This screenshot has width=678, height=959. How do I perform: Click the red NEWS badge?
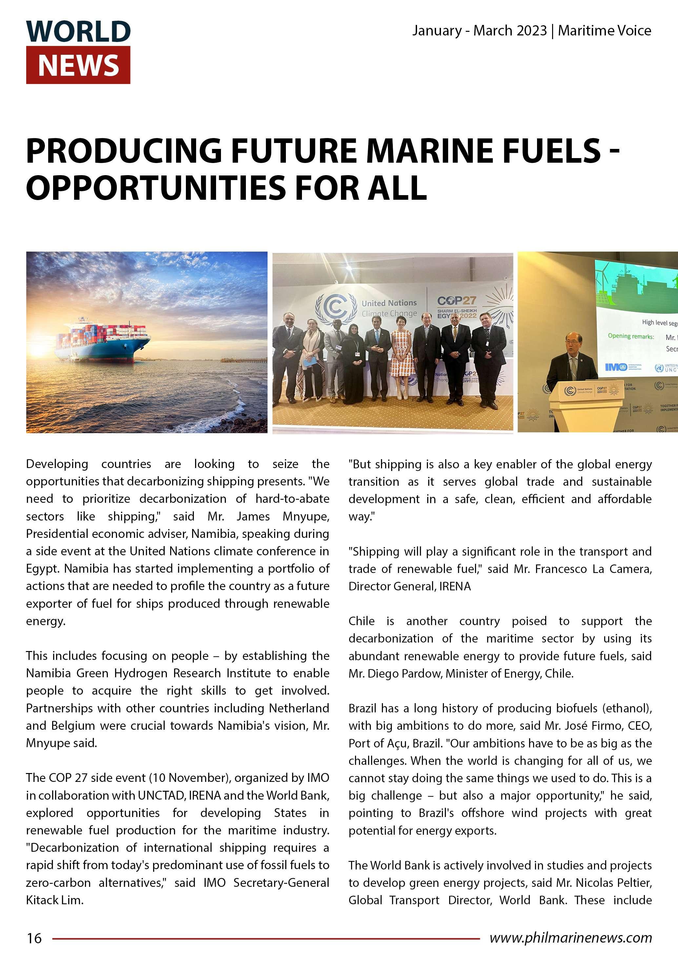(78, 65)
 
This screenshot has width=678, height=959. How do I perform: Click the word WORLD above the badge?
(78, 31)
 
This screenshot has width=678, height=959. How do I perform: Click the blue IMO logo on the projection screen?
(616, 367)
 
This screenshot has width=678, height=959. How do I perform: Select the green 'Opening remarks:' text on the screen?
(630, 336)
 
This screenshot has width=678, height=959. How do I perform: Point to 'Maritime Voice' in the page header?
(604, 31)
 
